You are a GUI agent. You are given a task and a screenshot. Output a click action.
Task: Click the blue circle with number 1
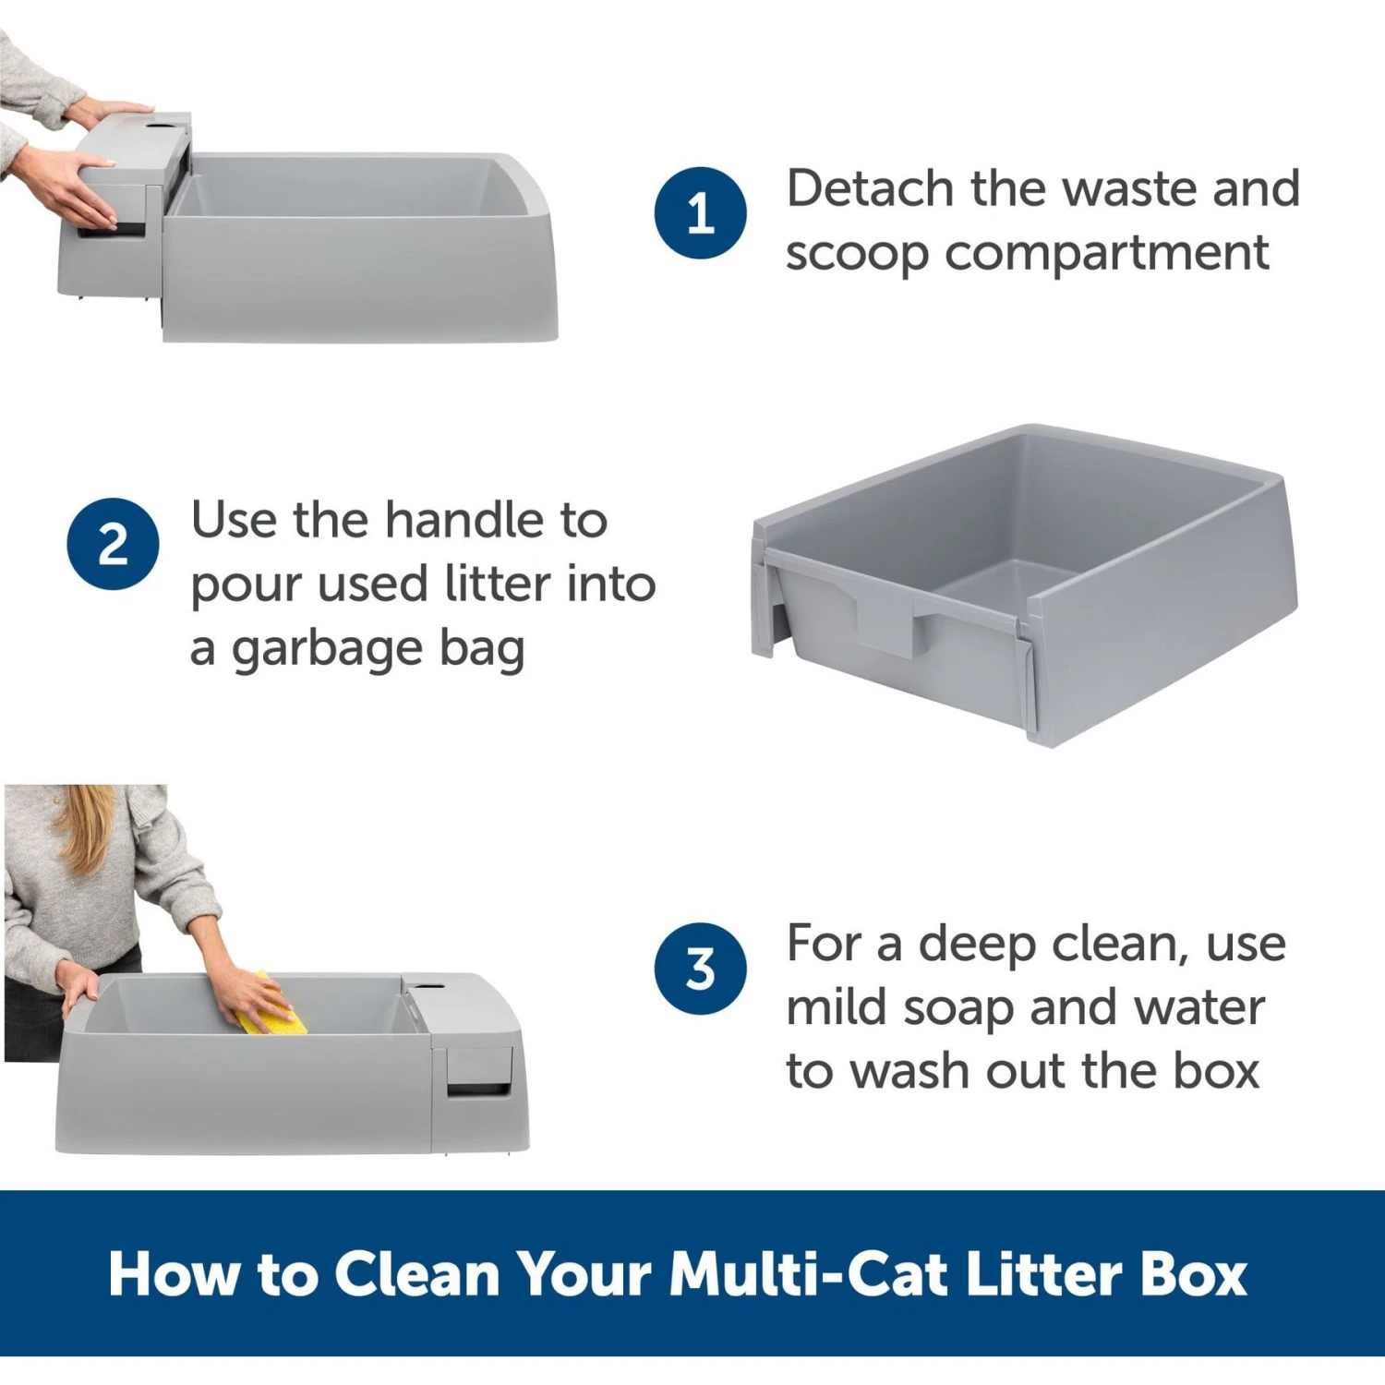pyautogui.click(x=700, y=212)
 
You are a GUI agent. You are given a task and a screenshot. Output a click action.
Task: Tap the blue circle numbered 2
pyautogui.click(x=113, y=544)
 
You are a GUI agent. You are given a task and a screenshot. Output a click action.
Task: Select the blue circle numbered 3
pyautogui.click(x=700, y=969)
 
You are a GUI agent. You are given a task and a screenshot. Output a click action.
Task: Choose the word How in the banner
pyautogui.click(x=173, y=1274)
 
